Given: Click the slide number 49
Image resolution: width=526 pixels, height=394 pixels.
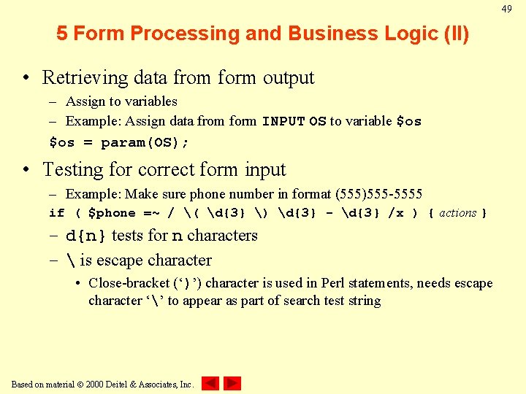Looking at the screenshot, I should [506, 9].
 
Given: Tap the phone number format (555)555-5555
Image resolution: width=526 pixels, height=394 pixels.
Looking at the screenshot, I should [378, 194].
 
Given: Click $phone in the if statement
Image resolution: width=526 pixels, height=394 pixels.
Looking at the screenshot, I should [111, 213].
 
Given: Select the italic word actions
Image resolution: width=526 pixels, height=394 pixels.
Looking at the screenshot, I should [458, 213].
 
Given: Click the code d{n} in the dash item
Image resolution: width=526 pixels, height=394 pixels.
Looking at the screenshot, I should [86, 236].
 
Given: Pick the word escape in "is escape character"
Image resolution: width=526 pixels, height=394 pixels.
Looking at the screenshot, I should [121, 260].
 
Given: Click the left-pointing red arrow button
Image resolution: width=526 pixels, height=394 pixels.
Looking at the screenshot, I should [210, 383].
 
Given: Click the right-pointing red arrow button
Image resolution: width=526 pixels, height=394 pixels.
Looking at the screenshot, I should [232, 383].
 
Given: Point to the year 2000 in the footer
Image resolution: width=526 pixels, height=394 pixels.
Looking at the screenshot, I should [95, 384].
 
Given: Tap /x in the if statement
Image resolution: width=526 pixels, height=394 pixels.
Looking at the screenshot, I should [395, 213].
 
